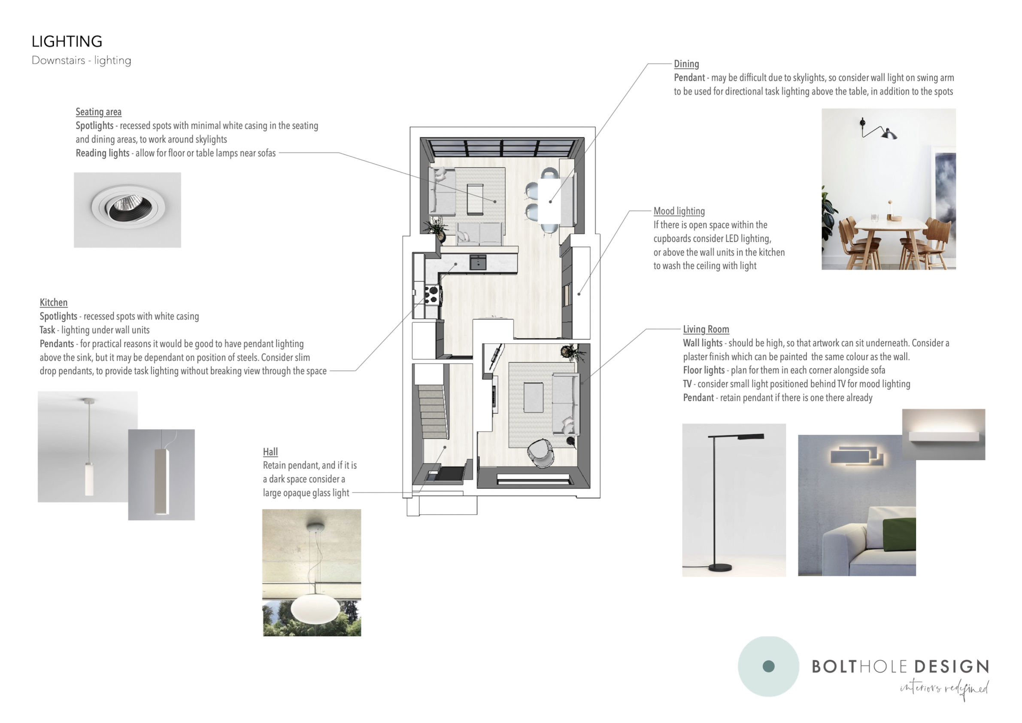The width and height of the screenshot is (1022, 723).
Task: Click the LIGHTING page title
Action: pyautogui.click(x=67, y=41)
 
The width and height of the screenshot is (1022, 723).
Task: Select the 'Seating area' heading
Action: pyautogui.click(x=98, y=112)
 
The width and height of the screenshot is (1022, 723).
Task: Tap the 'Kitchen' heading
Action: pyautogui.click(x=53, y=302)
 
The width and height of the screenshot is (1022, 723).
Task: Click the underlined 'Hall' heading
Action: pyautogui.click(x=270, y=451)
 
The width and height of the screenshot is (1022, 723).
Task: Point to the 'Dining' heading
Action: pyautogui.click(x=686, y=64)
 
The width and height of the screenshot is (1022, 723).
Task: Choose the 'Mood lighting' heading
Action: pyautogui.click(x=679, y=211)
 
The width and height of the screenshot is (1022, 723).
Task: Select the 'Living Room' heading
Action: pyautogui.click(x=706, y=329)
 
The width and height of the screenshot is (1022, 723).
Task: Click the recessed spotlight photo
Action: pyautogui.click(x=127, y=210)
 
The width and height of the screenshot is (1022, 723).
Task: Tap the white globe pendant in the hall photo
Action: pyautogui.click(x=315, y=608)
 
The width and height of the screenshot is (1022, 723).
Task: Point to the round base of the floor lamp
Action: pyautogui.click(x=720, y=567)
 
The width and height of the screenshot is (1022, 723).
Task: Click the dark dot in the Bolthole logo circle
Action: pyautogui.click(x=769, y=666)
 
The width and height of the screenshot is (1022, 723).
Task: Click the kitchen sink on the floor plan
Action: pyautogui.click(x=478, y=262)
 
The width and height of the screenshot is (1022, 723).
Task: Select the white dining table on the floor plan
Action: pyautogui.click(x=549, y=201)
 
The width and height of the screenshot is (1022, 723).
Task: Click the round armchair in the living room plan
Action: pyautogui.click(x=541, y=453)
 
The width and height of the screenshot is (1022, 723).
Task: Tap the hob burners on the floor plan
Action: pyautogui.click(x=432, y=295)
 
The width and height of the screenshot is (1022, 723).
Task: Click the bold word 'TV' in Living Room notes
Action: pyautogui.click(x=687, y=384)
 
